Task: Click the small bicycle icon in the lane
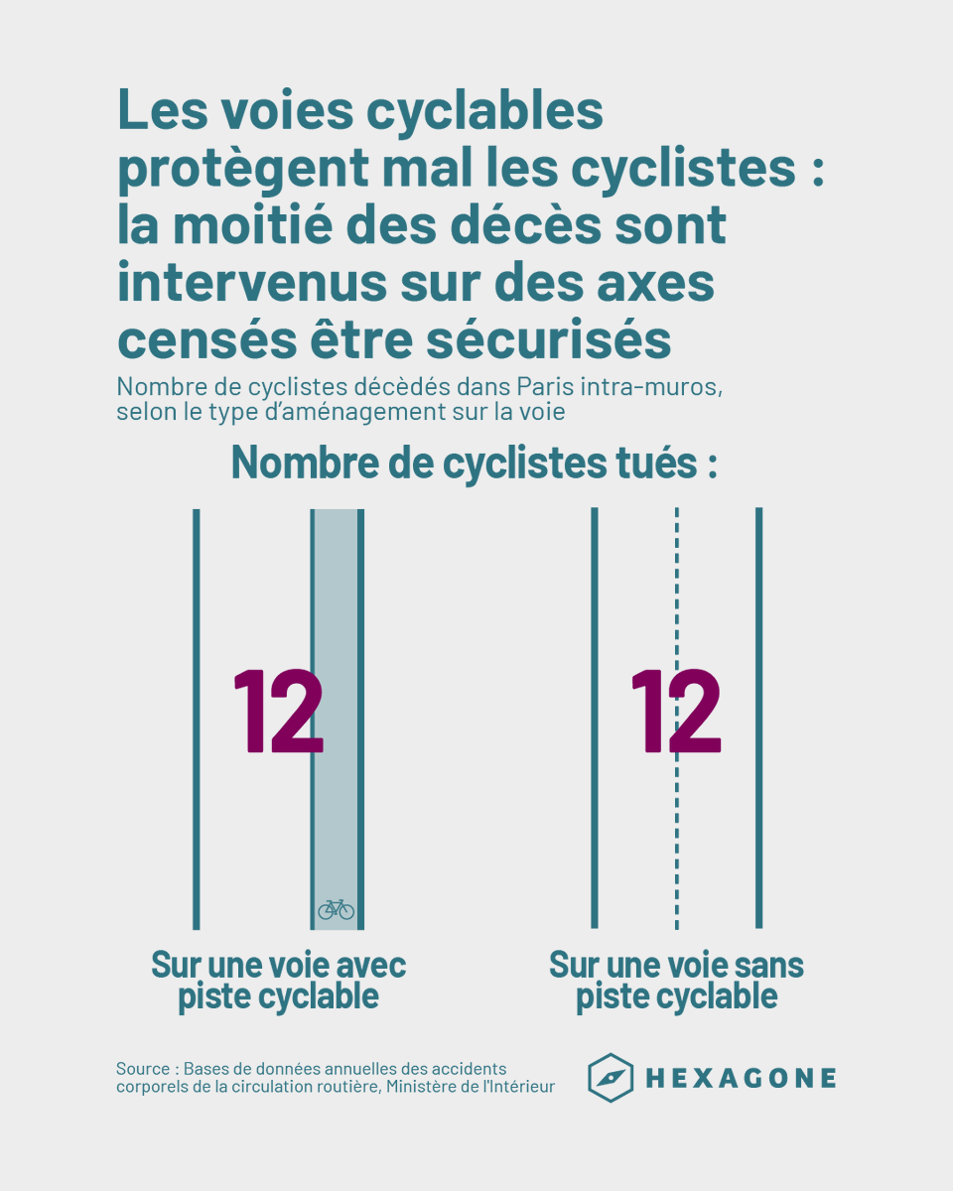[336, 909]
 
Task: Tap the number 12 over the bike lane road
[278, 711]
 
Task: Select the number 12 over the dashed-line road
[675, 711]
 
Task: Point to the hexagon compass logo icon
[611, 1078]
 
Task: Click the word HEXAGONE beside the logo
[741, 1079]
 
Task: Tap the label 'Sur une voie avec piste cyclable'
[278, 981]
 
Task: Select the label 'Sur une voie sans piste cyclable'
[676, 981]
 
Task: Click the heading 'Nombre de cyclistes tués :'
[475, 463]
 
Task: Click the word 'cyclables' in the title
[469, 111]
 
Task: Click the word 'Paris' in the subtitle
[546, 387]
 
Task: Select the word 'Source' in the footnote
[143, 1069]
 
